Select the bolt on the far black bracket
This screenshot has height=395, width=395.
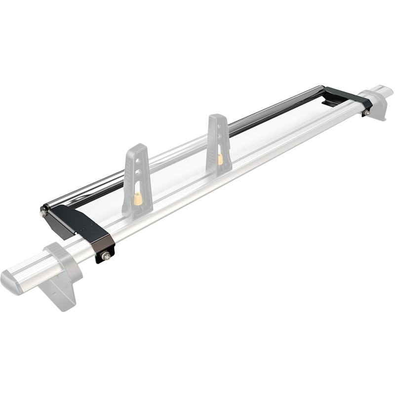[366, 113]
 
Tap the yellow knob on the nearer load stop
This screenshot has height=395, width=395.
[138, 198]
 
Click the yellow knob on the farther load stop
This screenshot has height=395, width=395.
[220, 158]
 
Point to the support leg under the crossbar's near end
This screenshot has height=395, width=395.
[59, 291]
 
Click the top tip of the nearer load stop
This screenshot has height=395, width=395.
[136, 147]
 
